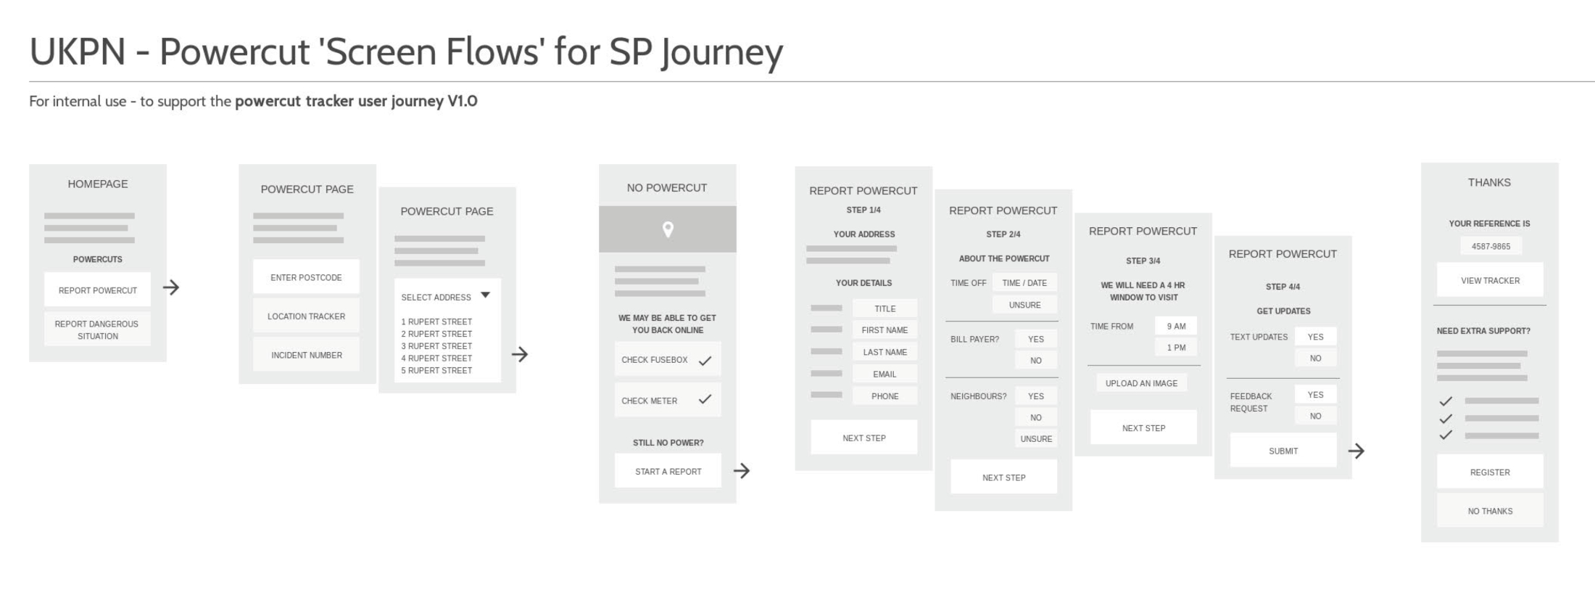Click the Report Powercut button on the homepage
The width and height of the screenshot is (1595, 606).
click(97, 290)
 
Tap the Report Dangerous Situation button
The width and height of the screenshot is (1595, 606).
click(97, 329)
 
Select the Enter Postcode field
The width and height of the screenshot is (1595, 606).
click(306, 277)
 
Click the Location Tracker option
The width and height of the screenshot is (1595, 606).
click(306, 316)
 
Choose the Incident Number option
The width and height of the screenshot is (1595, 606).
click(306, 355)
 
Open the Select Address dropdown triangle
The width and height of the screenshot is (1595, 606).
click(486, 295)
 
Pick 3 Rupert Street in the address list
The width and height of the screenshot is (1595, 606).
click(436, 346)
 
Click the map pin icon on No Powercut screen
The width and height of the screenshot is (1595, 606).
click(668, 229)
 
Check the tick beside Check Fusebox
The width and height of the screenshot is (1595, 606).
click(705, 361)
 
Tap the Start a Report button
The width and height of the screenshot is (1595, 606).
click(668, 471)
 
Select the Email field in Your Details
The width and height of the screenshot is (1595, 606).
click(884, 374)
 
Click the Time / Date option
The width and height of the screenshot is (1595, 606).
click(1024, 283)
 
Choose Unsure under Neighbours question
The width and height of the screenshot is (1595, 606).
click(1036, 439)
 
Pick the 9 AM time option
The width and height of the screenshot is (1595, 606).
click(1176, 327)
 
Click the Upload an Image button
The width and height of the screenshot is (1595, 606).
click(1141, 383)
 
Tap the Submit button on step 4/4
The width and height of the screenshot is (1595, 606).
click(1283, 451)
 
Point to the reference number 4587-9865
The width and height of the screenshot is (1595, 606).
click(1491, 247)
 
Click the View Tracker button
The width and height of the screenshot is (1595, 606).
click(1490, 280)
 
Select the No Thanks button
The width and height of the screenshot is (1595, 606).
click(1490, 511)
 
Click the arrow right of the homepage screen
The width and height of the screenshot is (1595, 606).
click(171, 287)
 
